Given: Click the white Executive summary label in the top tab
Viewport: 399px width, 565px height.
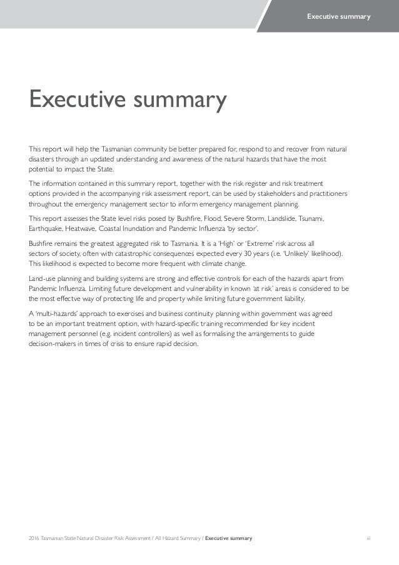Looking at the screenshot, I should point(338,15).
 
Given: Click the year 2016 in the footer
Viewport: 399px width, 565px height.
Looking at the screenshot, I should point(34,538).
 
